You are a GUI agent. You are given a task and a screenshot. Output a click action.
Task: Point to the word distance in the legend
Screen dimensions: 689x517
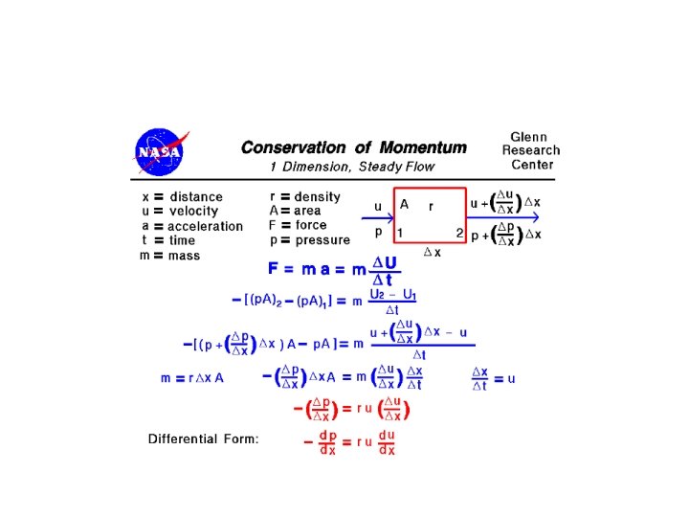[x=196, y=197]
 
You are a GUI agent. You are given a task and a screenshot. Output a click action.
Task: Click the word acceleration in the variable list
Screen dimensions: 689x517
[x=205, y=227]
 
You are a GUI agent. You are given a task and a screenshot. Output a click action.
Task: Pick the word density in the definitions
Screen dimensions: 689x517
[x=318, y=197]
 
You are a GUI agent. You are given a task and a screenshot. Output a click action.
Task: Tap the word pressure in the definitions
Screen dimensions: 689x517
[x=322, y=240]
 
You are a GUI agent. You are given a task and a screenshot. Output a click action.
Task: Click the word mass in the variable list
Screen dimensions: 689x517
[x=185, y=256]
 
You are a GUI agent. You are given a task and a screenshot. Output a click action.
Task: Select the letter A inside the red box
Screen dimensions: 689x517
[x=404, y=204]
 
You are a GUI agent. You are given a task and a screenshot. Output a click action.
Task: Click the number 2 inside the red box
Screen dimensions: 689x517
[x=459, y=233]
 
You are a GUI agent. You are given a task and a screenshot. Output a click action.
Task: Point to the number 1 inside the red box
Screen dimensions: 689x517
[x=400, y=233]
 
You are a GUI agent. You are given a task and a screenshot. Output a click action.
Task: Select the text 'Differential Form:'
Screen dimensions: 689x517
[x=203, y=439]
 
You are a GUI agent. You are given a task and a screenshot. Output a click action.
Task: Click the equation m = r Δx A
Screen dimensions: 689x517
[x=192, y=378]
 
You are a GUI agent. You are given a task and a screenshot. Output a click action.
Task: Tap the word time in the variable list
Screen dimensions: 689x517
[x=182, y=241]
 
